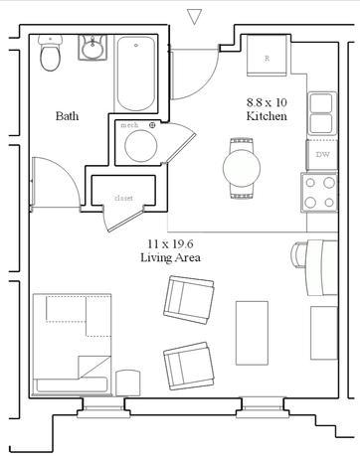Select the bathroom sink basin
(92, 48)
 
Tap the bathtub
(136, 74)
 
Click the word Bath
(68, 116)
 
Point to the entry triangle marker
(194, 16)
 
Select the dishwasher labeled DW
(322, 155)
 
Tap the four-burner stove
(319, 192)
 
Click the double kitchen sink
(321, 113)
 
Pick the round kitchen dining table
(242, 168)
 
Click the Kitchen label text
(267, 116)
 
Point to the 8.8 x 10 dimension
(267, 102)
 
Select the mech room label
(129, 125)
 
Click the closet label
(123, 198)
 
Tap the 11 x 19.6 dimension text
(170, 244)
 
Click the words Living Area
(170, 257)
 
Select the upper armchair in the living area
(189, 300)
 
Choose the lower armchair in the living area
(189, 366)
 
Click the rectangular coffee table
(252, 333)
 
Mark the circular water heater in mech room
(141, 146)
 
